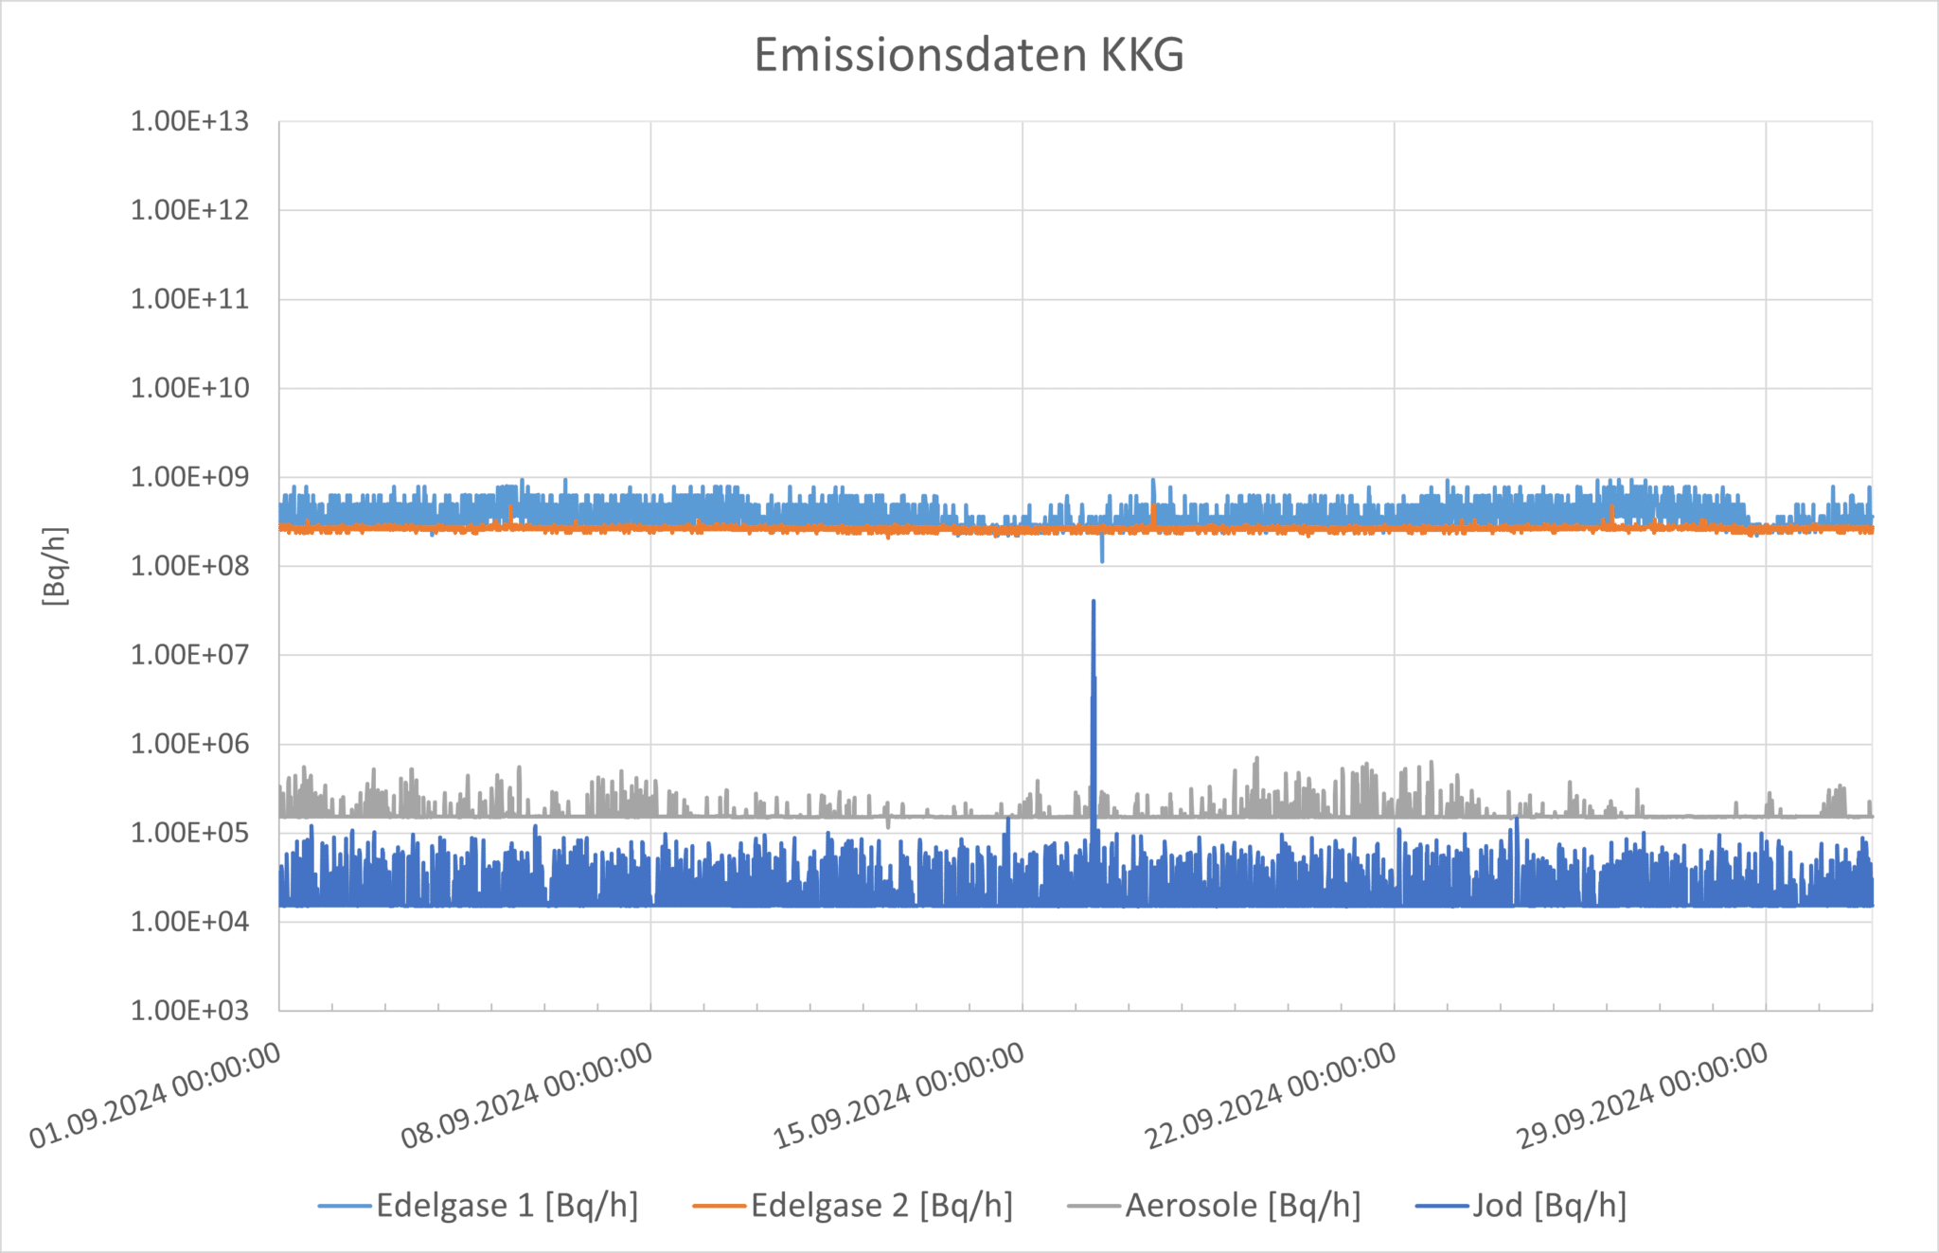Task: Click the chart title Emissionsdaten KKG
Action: pos(969,55)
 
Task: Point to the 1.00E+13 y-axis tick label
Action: pos(189,121)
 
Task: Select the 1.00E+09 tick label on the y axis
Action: pos(189,477)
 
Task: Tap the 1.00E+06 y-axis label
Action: pos(189,744)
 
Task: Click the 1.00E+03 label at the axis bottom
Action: pos(189,1011)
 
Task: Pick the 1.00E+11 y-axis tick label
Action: pos(189,299)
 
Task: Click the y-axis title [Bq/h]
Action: pos(55,566)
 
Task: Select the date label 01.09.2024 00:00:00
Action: pos(156,1095)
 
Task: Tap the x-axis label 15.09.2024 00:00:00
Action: pos(899,1095)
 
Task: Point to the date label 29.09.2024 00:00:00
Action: pos(1643,1095)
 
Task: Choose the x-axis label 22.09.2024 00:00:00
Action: pos(1271,1095)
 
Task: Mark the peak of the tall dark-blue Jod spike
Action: pos(1094,602)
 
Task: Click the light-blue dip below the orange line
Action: pos(1102,558)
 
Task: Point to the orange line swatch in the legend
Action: pos(720,1206)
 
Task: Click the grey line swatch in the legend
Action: pos(1094,1206)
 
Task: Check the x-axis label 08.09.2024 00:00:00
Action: pos(527,1095)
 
